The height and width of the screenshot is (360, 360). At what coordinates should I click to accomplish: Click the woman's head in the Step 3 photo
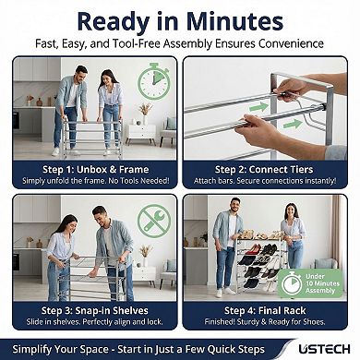66,222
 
